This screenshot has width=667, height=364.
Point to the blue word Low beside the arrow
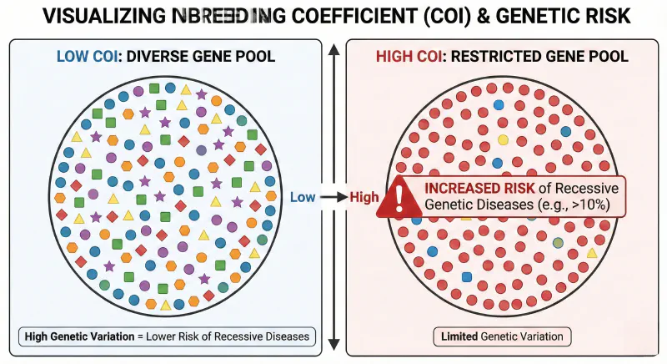(x=303, y=197)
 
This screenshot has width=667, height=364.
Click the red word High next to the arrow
(x=364, y=197)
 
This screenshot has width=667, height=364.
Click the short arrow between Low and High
(x=333, y=197)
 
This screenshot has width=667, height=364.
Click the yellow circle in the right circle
(x=503, y=139)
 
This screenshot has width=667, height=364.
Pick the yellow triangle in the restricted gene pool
(x=592, y=251)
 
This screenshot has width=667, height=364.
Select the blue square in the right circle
(x=467, y=276)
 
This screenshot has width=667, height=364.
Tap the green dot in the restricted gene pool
(x=558, y=242)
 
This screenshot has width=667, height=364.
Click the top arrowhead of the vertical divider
(x=333, y=48)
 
